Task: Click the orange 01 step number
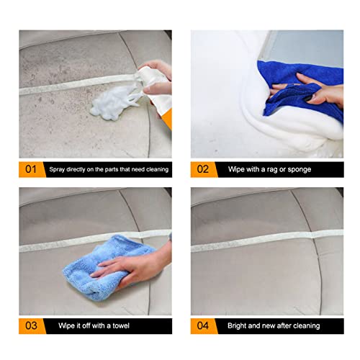(30, 169)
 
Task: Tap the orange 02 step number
(202, 169)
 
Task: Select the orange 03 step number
(30, 325)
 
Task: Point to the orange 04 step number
(202, 325)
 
